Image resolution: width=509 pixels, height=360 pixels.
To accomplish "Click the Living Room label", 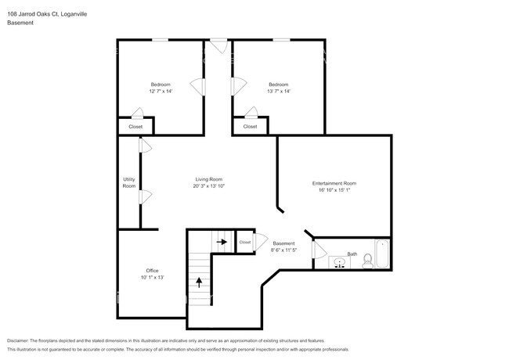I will coord(209,180).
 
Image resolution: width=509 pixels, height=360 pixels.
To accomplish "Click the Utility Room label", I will coord(129,182).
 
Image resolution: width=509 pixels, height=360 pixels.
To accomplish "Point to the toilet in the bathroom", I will coord(367,261).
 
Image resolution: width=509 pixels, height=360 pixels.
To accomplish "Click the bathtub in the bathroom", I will coord(383,254).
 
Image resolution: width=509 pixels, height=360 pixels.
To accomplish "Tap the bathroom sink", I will coord(339,261).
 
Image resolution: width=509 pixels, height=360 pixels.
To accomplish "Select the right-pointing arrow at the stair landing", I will coord(222,243).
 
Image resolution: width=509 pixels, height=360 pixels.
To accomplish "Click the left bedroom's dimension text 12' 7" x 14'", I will coord(161,92).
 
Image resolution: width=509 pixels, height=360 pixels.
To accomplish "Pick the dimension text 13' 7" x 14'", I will coord(279,92).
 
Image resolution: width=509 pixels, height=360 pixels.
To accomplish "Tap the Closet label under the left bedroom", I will coord(135,127).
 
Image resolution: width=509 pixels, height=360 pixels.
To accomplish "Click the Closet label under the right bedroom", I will coord(250,127).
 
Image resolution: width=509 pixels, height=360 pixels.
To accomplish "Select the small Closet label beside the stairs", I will coord(245,243).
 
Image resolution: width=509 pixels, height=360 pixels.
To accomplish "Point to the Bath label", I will coord(352,254).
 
